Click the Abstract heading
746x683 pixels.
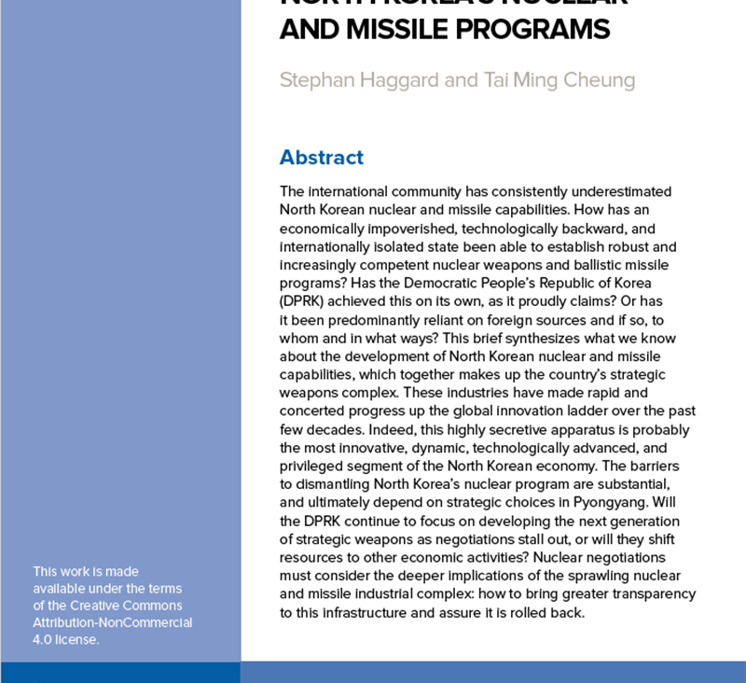[x=321, y=157]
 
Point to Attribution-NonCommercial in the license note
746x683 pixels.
[x=113, y=621]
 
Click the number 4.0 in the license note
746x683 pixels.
[x=44, y=639]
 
